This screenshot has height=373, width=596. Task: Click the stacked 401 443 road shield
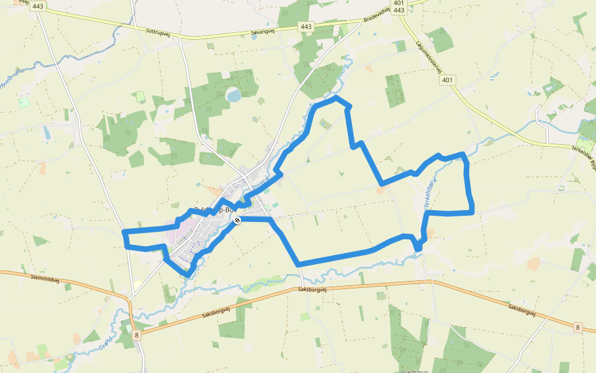click(399, 6)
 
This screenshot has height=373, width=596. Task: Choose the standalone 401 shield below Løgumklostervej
click(448, 80)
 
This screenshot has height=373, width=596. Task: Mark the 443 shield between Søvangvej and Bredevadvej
click(305, 26)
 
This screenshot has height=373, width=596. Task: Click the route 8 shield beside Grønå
click(136, 335)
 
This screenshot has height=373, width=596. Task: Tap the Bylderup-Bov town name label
click(211, 210)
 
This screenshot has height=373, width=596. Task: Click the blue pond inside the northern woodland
click(234, 95)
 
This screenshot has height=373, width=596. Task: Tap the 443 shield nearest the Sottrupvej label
click(38, 7)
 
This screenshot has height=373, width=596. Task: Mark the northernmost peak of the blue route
click(336, 98)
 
